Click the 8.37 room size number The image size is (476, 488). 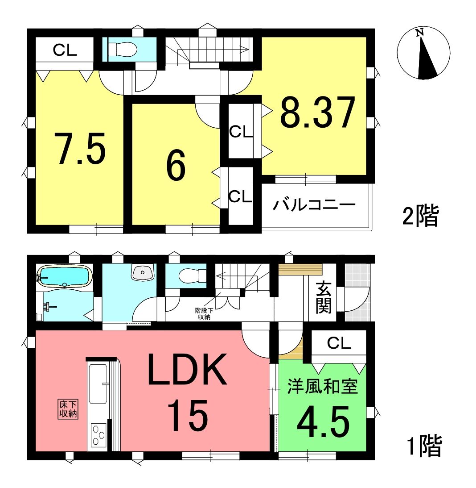pyautogui.click(x=317, y=112)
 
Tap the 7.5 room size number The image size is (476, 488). pyautogui.click(x=80, y=149)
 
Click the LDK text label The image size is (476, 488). pyautogui.click(x=187, y=370)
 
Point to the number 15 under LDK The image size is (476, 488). pyautogui.click(x=187, y=416)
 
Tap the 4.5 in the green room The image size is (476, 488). pyautogui.click(x=323, y=422)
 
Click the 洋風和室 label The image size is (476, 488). pyautogui.click(x=322, y=386)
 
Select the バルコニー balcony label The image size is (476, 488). pyautogui.click(x=314, y=205)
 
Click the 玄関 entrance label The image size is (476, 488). pyautogui.click(x=324, y=297)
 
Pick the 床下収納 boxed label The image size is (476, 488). pyautogui.click(x=68, y=409)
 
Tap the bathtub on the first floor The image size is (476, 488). pyautogui.click(x=65, y=275)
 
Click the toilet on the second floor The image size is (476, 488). pyautogui.click(x=122, y=49)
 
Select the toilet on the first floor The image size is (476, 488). pyautogui.click(x=193, y=275)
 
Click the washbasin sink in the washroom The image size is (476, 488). pyautogui.click(x=143, y=272)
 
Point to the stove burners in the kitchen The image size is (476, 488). pyautogui.click(x=99, y=434)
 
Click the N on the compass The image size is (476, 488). pyautogui.click(x=420, y=32)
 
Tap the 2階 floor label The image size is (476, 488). pyautogui.click(x=420, y=216)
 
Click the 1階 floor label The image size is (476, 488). pyautogui.click(x=424, y=446)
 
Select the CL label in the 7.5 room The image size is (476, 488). pyautogui.click(x=65, y=50)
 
